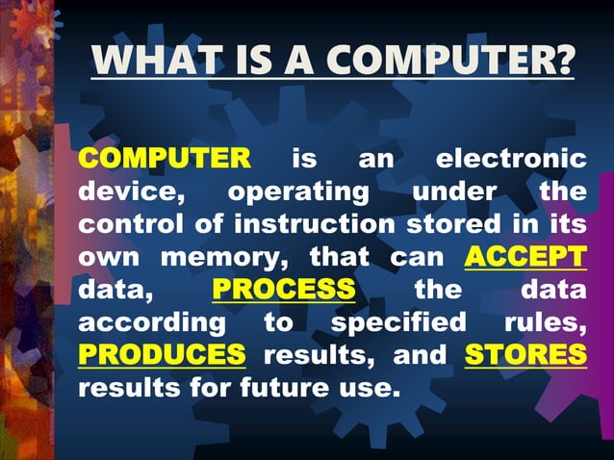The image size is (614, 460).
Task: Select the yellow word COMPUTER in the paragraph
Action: (x=164, y=158)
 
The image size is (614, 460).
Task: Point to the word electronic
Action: (x=511, y=158)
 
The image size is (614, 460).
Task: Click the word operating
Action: (x=297, y=191)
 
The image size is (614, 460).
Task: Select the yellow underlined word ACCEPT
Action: (x=525, y=257)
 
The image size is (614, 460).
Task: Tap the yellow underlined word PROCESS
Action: (x=283, y=289)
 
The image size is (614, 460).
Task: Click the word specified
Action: (x=398, y=322)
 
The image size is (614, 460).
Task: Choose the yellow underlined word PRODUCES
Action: (x=162, y=354)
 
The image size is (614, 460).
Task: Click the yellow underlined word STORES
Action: (x=525, y=354)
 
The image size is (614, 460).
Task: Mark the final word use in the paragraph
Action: (x=368, y=388)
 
